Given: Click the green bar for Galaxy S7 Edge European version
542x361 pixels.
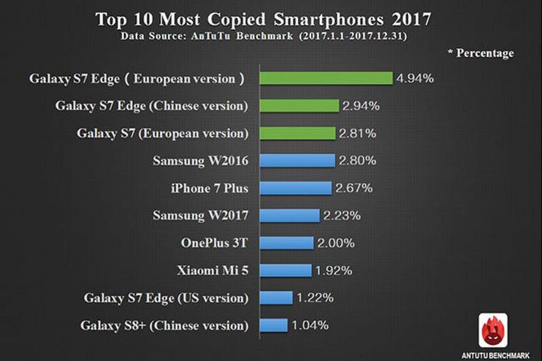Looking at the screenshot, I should coord(325,78).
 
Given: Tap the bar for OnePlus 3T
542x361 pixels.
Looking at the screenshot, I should coord(286,243).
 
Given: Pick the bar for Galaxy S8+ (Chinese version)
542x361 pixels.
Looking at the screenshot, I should coord(273,325).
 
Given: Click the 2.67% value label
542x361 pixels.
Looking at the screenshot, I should coord(354,188).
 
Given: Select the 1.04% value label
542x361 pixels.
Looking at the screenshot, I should coord(311,325).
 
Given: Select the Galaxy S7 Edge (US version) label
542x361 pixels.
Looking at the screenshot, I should coord(167,297).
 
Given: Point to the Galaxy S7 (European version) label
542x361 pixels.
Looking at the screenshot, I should coord(165,134).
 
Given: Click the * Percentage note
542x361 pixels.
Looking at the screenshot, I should coord(480,53).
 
